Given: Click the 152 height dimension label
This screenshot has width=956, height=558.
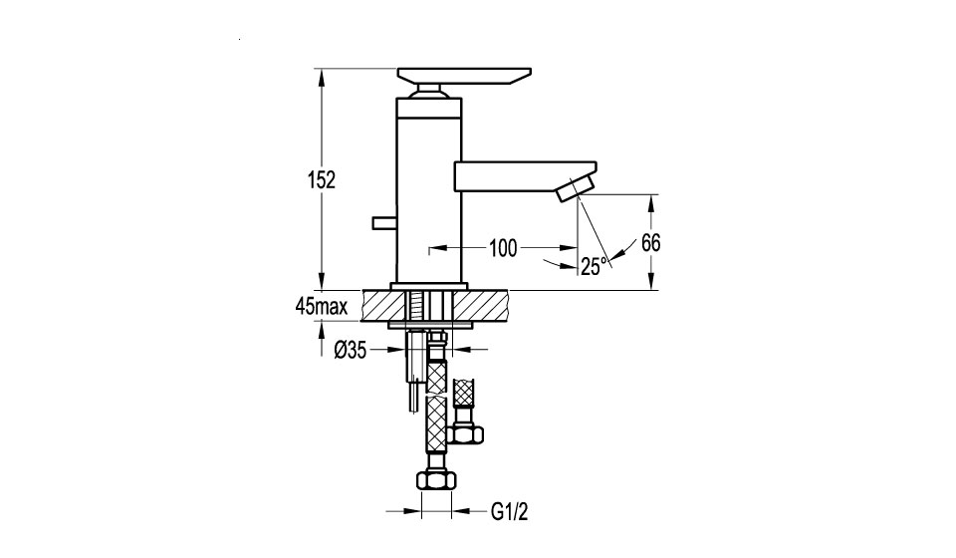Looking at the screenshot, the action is (322, 180).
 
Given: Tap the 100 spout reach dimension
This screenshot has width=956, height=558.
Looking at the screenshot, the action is (503, 248).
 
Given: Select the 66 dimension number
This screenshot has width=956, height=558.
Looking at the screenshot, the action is (650, 243).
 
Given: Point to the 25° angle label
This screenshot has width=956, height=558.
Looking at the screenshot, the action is (595, 266).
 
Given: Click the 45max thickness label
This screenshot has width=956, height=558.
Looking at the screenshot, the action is (322, 306).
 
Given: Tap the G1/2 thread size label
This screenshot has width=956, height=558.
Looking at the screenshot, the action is (509, 512).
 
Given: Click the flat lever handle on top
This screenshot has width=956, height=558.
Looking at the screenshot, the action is (464, 76).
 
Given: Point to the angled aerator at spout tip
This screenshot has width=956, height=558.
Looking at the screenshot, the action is (576, 187).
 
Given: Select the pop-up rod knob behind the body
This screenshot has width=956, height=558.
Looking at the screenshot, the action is (384, 222).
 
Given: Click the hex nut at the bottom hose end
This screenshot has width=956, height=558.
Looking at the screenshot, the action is (436, 480).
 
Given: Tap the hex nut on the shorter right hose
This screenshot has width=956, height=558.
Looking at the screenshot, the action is (465, 434).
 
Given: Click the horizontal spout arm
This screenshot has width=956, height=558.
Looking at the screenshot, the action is (525, 174).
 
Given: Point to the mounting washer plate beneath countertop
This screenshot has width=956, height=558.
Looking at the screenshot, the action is (430, 324).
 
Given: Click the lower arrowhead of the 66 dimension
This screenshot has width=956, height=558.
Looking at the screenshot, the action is (651, 283).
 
